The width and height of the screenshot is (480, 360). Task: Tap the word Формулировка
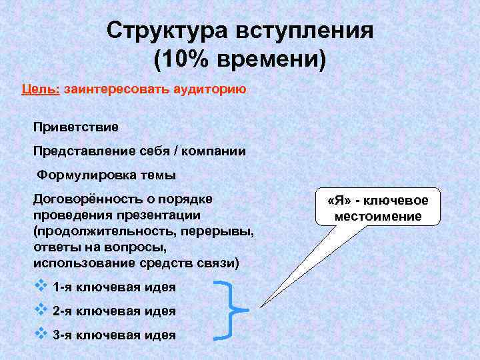click(83, 175)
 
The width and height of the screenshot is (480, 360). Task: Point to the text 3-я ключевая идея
click(114, 335)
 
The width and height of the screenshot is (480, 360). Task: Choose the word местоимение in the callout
click(379, 217)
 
